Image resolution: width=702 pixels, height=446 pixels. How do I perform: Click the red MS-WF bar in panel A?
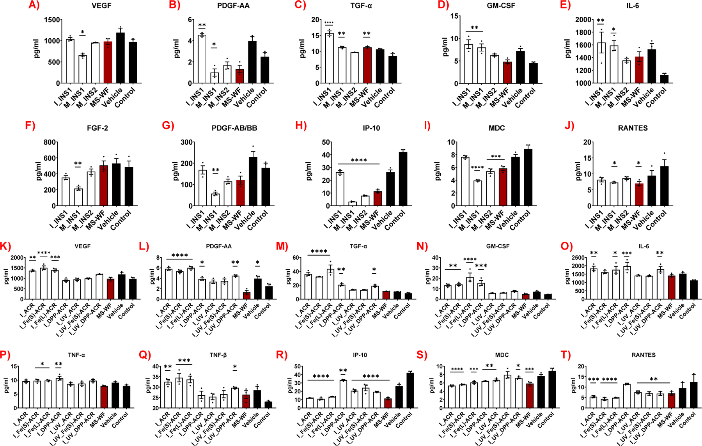(x=108, y=62)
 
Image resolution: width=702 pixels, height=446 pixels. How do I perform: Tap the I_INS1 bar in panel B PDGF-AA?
(x=202, y=58)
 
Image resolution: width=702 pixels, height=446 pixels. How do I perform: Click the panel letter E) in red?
(x=565, y=5)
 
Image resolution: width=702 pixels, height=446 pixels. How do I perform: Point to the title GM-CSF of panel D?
(x=501, y=6)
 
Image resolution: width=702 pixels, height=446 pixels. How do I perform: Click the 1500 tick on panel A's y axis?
(x=52, y=20)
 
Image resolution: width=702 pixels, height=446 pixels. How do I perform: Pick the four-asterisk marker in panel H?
(x=359, y=160)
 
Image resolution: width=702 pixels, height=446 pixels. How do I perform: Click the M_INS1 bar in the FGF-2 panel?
(x=78, y=197)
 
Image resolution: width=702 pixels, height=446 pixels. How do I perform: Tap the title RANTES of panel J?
(x=633, y=128)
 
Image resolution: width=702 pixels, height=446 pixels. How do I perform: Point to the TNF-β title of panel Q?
(x=218, y=355)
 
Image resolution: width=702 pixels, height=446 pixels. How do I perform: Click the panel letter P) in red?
(x=5, y=355)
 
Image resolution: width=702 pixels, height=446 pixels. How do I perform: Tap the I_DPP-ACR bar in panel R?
(x=343, y=394)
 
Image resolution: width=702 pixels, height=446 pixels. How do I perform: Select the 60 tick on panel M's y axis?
(x=296, y=258)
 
